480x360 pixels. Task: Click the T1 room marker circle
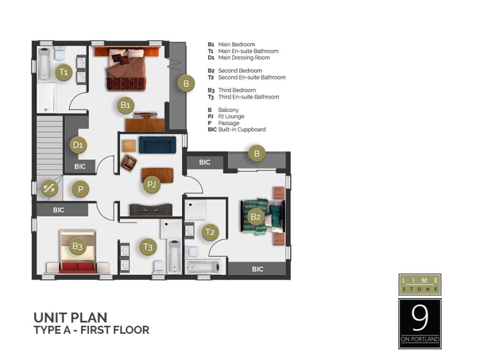63,71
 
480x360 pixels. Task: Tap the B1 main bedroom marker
125,105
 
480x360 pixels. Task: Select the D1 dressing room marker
78,145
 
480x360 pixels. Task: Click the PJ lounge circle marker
151,185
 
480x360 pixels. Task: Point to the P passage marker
81,189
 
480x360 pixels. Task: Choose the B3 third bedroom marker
78,246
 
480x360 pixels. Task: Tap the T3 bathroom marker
148,247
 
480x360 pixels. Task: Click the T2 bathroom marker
210,232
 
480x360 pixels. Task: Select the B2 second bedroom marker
255,217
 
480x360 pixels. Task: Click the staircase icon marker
50,188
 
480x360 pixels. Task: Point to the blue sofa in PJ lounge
157,145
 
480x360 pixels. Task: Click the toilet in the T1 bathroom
59,53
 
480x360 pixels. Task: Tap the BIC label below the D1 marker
80,166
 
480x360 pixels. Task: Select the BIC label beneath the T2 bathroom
258,269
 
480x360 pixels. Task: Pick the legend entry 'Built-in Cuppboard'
242,130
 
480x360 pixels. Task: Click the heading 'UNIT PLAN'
70,318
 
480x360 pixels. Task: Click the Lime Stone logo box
420,284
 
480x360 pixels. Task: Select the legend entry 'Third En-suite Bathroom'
248,97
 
